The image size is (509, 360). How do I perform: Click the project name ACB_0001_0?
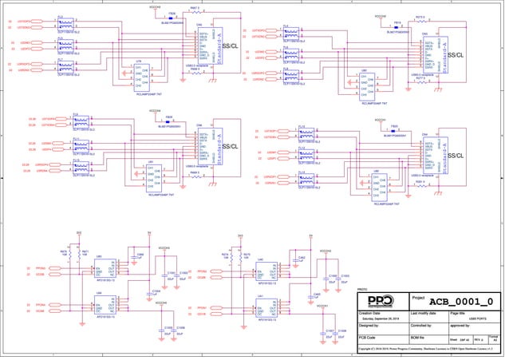pyautogui.click(x=461, y=301)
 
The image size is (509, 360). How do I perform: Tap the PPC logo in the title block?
pyautogui.click(x=382, y=301)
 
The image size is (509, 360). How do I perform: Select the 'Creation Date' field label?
pyautogui.click(x=372, y=314)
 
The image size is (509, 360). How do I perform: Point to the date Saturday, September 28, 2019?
pyautogui.click(x=381, y=319)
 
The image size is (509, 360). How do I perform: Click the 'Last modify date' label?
pyautogui.click(x=425, y=314)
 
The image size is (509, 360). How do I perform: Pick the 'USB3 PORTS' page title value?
pyautogui.click(x=477, y=319)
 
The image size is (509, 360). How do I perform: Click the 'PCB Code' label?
pyautogui.click(x=369, y=339)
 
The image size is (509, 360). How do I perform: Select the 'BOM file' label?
pyautogui.click(x=420, y=339)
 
